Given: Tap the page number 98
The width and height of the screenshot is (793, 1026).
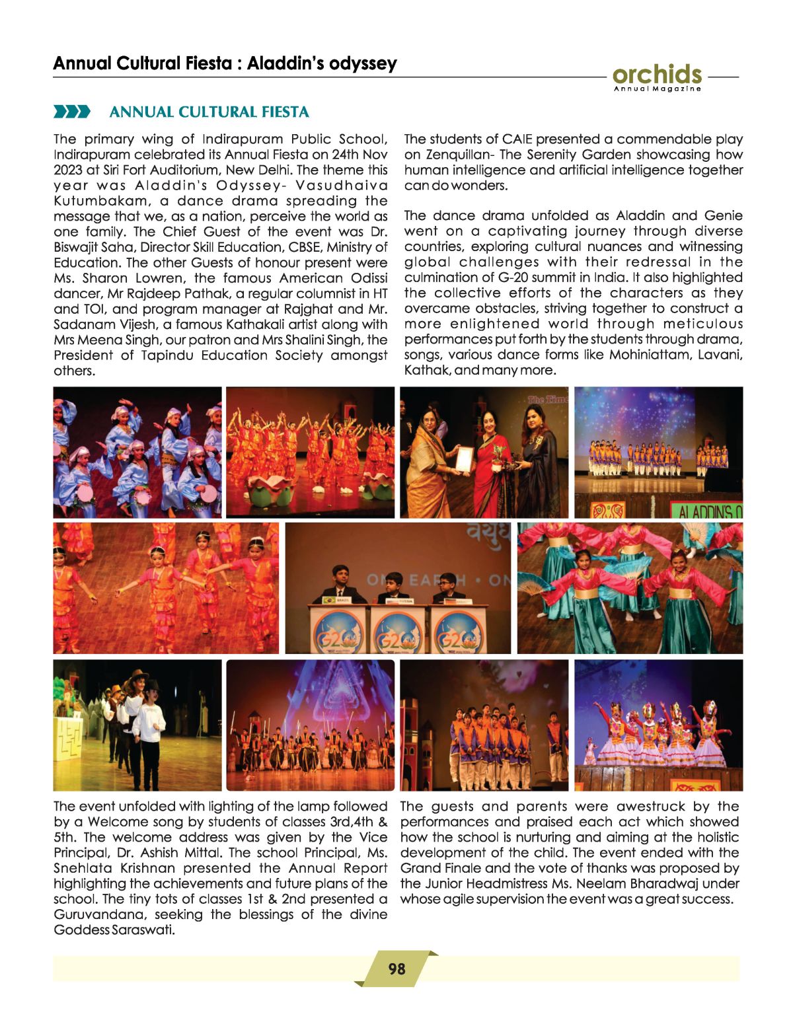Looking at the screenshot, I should point(397,969).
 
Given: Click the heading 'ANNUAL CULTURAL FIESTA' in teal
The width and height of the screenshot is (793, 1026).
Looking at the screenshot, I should point(209,112).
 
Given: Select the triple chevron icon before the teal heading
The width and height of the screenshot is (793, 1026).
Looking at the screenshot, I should point(72,112).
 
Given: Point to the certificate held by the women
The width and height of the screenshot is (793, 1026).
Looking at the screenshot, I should point(465,458).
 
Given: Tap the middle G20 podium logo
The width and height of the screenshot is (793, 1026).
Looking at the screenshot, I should point(397,632).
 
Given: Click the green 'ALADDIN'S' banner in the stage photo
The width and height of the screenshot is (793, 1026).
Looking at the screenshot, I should point(708,511).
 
